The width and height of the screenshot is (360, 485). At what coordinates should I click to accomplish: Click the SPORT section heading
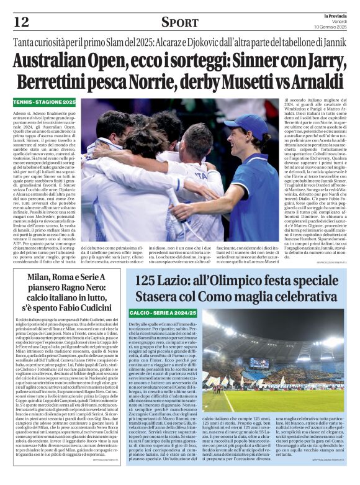pyautogui.click(x=179, y=22)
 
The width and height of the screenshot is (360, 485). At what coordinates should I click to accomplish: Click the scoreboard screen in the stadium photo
pyautogui.click(x=260, y=362)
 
